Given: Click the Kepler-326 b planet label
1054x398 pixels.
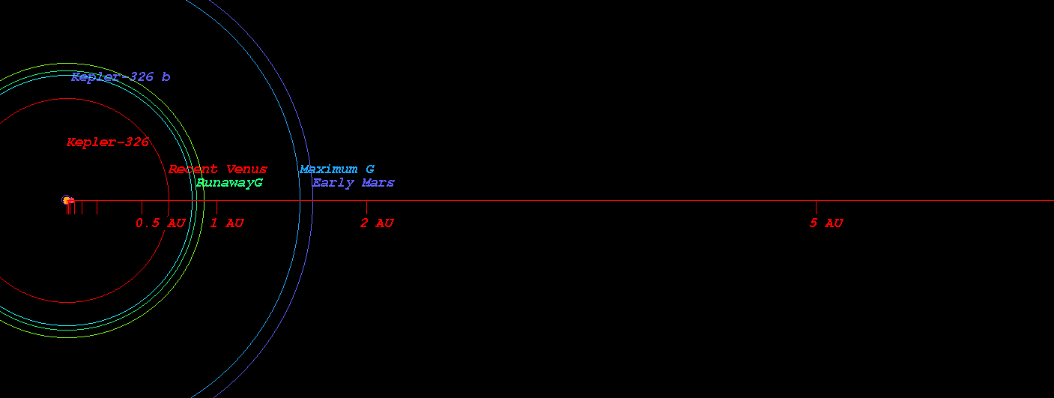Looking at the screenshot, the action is [121, 76].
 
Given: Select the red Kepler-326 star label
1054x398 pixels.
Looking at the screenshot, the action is [108, 142].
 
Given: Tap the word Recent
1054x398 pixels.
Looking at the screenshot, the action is [193, 169].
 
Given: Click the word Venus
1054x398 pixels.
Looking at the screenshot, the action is [246, 169].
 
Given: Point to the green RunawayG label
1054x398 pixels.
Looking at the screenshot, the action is [229, 183].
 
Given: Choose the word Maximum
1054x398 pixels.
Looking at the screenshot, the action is [328, 169].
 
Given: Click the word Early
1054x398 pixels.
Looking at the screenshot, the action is [333, 183].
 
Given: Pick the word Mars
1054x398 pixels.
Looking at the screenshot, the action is [378, 183].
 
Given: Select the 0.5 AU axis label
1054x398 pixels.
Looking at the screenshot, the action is [160, 223].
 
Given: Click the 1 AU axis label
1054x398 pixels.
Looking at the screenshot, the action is [227, 223].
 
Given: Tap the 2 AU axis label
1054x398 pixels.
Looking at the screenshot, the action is [377, 223].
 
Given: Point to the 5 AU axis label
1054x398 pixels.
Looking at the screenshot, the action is [826, 223].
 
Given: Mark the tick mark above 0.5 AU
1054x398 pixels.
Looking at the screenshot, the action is [142, 207].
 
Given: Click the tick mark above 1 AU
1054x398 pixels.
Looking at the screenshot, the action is [216, 207].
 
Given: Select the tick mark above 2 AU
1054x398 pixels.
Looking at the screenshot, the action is [366, 207].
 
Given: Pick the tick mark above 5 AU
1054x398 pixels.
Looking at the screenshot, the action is [816, 207].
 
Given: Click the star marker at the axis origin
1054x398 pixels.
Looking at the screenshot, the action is [67, 199].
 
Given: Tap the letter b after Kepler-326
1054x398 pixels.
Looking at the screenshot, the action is [166, 76].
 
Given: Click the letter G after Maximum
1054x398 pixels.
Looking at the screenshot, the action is [370, 169].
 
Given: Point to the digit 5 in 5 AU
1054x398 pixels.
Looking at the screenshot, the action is [814, 223].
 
